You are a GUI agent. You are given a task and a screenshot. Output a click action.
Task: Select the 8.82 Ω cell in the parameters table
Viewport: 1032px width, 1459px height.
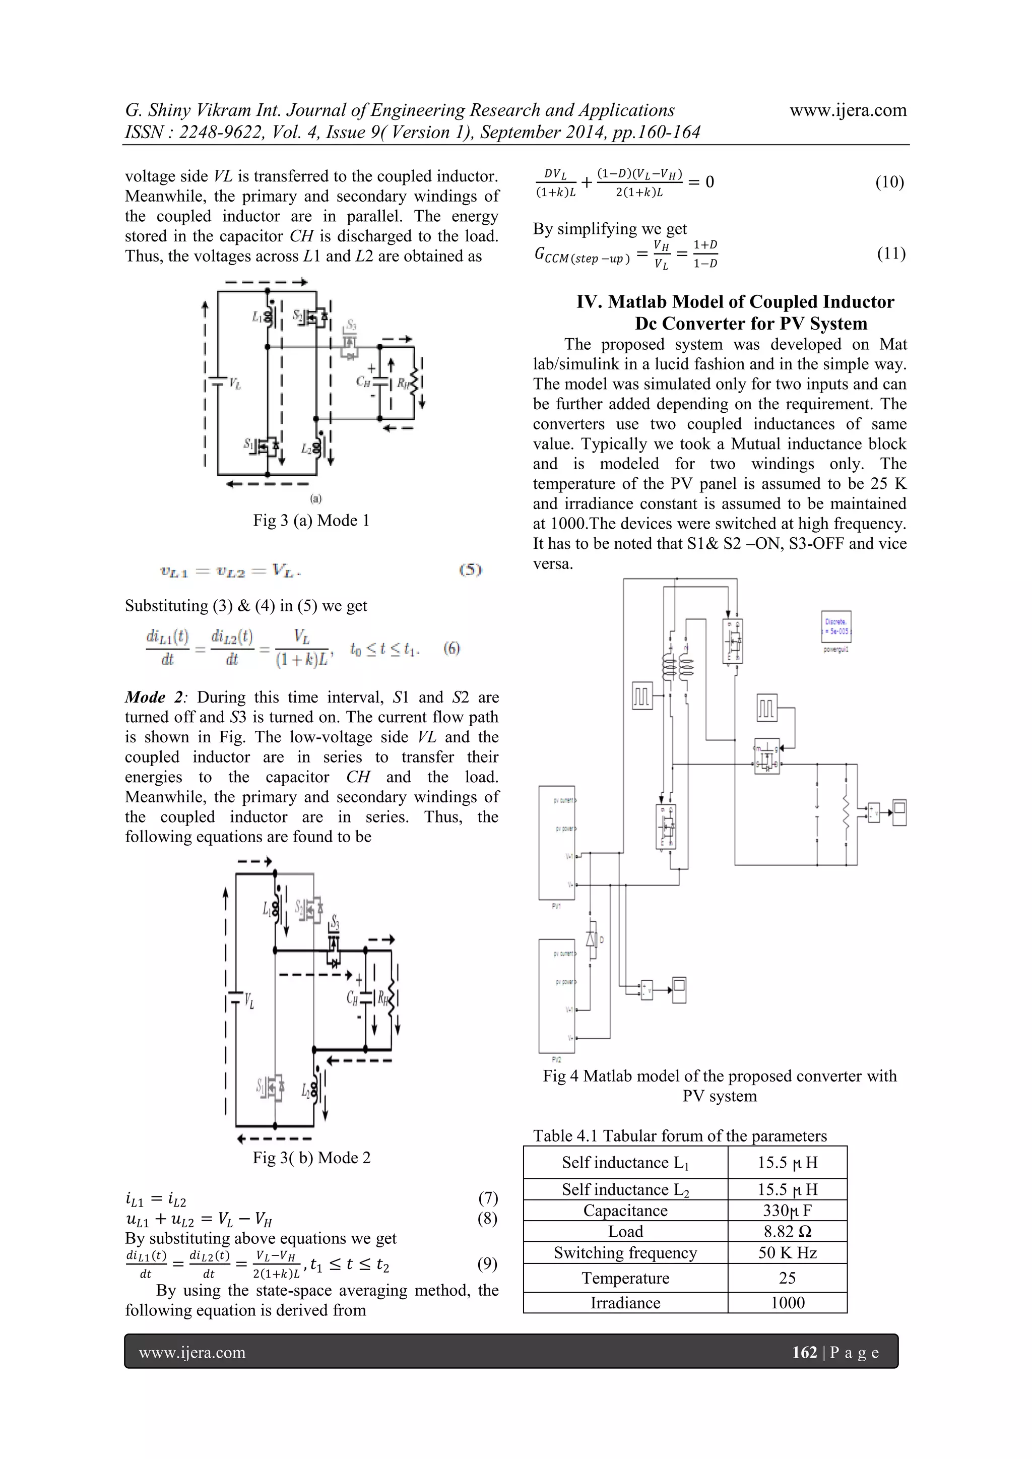(x=787, y=1232)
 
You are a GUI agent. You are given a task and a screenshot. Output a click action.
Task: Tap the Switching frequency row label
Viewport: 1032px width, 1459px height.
(x=625, y=1252)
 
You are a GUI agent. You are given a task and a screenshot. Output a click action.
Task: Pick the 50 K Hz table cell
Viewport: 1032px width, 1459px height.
(x=787, y=1252)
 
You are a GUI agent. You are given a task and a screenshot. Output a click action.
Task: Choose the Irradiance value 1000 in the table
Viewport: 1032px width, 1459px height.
(x=787, y=1303)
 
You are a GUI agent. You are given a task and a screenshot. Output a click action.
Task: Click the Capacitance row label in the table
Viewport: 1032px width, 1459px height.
(x=625, y=1211)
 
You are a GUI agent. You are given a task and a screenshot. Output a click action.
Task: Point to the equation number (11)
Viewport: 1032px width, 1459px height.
(x=891, y=253)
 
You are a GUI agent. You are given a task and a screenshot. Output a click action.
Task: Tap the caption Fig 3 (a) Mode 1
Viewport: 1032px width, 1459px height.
(x=311, y=521)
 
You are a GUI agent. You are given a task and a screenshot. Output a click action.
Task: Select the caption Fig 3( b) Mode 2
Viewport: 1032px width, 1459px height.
(x=311, y=1157)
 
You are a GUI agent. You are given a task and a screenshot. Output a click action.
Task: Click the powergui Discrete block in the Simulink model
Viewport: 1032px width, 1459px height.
(x=835, y=626)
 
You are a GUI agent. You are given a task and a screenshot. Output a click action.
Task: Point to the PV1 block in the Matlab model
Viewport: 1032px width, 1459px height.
(x=557, y=842)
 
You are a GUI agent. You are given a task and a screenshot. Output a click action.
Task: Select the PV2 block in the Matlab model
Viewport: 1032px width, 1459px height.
(x=557, y=996)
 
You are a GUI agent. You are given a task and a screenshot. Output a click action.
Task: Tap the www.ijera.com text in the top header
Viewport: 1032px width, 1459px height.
(x=848, y=110)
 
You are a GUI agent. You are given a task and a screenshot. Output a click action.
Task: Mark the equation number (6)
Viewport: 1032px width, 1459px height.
(x=451, y=648)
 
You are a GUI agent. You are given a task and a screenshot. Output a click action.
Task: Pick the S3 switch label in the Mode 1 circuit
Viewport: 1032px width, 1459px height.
(x=351, y=327)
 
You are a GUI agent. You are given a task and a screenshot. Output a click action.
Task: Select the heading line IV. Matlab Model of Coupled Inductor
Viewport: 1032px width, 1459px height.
(x=735, y=302)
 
